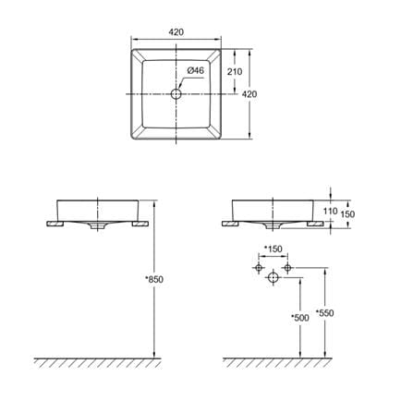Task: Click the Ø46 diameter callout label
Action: [x=196, y=70]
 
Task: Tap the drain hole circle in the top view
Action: [x=176, y=94]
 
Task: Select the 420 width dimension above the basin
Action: [x=176, y=32]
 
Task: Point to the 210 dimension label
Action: [x=235, y=72]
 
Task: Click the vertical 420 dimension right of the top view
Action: [x=249, y=94]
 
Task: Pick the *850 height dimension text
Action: [x=154, y=279]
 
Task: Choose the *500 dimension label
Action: [x=300, y=318]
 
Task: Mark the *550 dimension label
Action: [x=325, y=313]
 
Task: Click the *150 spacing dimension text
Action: [x=273, y=249]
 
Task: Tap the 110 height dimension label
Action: [x=331, y=211]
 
